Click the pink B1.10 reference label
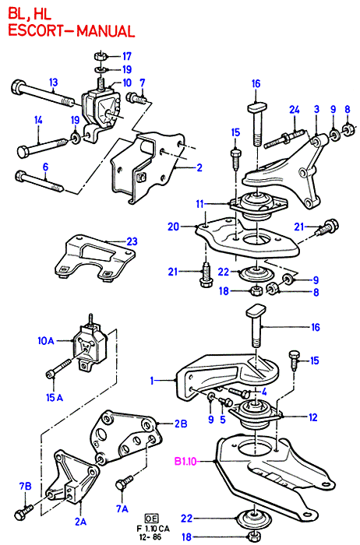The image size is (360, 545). [x=185, y=462]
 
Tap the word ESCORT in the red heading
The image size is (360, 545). [x=34, y=31]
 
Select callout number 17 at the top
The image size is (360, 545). [x=126, y=56]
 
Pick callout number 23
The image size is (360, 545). [x=132, y=241]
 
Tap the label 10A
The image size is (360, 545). [x=46, y=341]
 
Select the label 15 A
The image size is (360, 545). [x=55, y=397]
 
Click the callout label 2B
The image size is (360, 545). [x=181, y=424]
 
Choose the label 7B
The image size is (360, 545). [x=26, y=486]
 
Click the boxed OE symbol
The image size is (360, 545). [x=152, y=519]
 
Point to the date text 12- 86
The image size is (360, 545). [x=152, y=536]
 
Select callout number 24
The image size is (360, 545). [x=295, y=110]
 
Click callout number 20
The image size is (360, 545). [x=173, y=227]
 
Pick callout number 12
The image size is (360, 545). [x=313, y=417]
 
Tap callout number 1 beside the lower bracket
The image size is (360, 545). [x=152, y=381]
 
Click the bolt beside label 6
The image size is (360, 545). [x=39, y=181]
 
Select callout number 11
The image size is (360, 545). [x=199, y=204]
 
